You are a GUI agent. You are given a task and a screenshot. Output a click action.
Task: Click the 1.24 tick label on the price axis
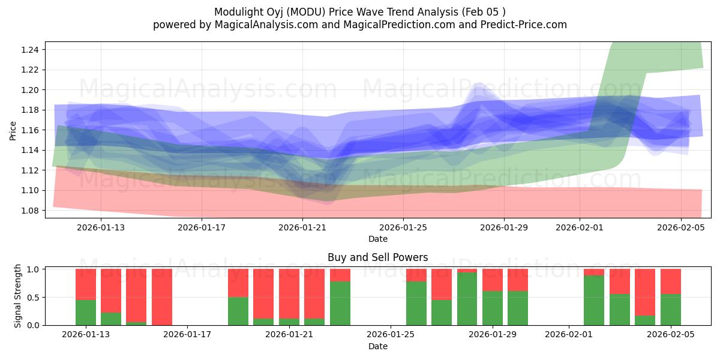coord(31,50)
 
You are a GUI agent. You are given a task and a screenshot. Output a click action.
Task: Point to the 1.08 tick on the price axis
coord(31,211)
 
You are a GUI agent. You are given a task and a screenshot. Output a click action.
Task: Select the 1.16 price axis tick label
coord(31,130)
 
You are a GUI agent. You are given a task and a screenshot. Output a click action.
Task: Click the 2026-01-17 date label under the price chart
coord(202,227)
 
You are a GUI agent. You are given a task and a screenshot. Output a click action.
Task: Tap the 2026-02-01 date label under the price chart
coord(580,227)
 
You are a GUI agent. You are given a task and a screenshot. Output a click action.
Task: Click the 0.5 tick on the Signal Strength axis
coord(33,298)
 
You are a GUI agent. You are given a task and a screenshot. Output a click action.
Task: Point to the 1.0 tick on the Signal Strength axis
coord(33,269)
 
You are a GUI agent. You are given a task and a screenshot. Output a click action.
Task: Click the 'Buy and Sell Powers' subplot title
coord(377,257)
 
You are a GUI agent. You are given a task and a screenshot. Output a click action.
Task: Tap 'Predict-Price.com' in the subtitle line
coord(526,25)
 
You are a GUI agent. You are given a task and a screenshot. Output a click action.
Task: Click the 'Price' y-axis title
coord(13,130)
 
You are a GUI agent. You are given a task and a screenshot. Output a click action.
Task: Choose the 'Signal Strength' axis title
coord(18,296)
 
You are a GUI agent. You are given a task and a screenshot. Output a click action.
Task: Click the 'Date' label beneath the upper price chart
coord(377,239)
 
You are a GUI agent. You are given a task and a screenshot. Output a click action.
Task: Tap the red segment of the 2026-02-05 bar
coord(671,281)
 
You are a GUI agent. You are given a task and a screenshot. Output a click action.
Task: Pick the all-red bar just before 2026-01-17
coord(162,297)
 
